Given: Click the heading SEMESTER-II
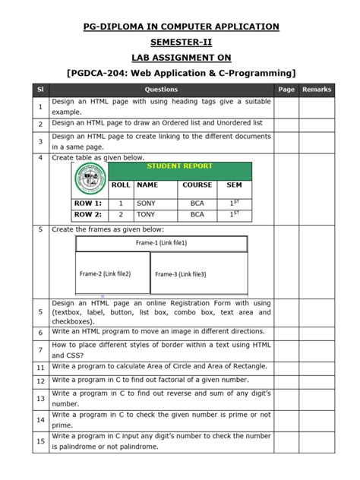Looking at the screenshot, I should point(180,43).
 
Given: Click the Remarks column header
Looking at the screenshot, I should point(316,90).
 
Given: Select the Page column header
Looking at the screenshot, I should point(286,90).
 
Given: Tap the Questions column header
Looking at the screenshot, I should point(161,90).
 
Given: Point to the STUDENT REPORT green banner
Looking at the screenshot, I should point(179,166).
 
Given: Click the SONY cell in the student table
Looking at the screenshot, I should point(146,204).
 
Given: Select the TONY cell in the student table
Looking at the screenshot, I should point(146,215).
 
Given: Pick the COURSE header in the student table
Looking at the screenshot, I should point(197,185).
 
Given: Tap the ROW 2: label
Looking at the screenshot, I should point(87,215).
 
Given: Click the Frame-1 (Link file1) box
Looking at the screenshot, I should point(161,243).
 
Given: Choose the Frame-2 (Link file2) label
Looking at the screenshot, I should point(105,273).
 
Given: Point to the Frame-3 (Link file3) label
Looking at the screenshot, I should point(181,274).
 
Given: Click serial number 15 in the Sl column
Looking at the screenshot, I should point(39,441).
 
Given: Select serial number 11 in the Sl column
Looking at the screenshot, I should point(39,367).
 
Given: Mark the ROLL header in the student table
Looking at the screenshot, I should point(120,185).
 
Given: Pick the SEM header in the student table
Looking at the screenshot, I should point(234,185).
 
